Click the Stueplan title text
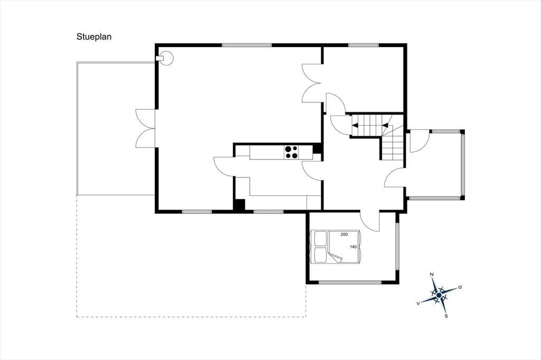94,37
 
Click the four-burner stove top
292,153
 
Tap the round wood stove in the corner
167,58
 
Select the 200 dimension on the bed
344,234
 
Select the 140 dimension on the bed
353,247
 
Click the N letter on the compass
431,274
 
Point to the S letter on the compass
446,316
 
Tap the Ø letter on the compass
460,287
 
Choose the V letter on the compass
418,303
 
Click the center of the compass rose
439,295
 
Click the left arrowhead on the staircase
355,125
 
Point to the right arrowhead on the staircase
386,125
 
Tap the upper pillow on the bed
320,238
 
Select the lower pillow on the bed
320,254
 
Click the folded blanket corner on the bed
334,258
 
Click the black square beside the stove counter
317,149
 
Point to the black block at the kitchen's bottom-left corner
239,204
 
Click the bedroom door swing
370,221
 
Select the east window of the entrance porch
463,164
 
